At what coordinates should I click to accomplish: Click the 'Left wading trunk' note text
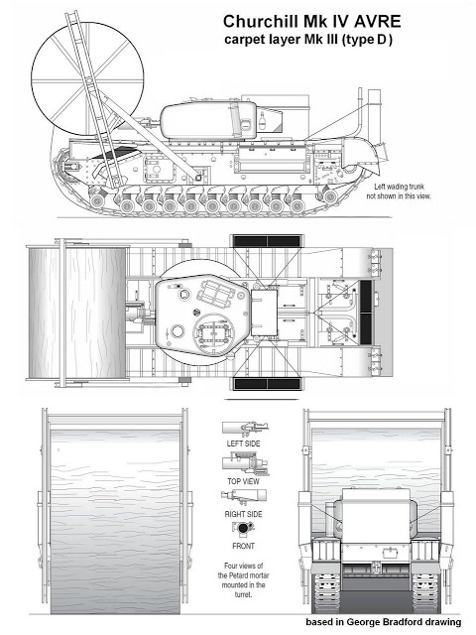point(399,187)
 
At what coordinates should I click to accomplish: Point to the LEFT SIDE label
point(243,444)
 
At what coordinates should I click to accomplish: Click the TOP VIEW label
point(243,481)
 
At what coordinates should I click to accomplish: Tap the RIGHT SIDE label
point(243,514)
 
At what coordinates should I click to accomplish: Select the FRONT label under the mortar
point(243,546)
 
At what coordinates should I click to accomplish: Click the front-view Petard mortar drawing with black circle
point(243,528)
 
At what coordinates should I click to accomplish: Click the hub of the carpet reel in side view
point(87,80)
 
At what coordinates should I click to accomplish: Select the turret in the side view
point(208,120)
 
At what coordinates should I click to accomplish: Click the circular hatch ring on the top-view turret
point(213,332)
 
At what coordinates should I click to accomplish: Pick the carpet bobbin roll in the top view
point(76,314)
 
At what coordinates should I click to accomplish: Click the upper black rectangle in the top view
point(267,241)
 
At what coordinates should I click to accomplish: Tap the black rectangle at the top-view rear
point(366,313)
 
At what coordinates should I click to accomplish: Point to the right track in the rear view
point(425,592)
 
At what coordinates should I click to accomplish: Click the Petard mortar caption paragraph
point(243,579)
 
